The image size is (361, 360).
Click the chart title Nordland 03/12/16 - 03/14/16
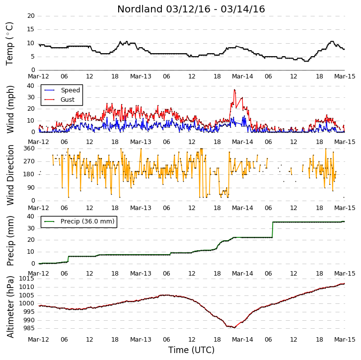tap(191, 9)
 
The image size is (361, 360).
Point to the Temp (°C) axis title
tap(9, 44)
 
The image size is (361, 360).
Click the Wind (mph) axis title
tap(10, 109)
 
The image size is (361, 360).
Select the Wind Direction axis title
tap(10, 175)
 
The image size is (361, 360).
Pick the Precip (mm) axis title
tap(10, 241)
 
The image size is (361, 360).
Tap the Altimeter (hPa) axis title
tap(10, 307)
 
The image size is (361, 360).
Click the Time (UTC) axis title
tap(191, 350)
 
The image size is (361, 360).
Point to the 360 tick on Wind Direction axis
tap(29, 148)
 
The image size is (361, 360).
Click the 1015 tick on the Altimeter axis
tap(26, 279)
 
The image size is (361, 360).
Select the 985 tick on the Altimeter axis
tap(28, 328)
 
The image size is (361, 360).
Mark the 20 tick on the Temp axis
tap(31, 16)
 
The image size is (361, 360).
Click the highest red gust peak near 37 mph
tap(234, 90)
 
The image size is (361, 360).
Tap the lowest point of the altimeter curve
tap(234, 328)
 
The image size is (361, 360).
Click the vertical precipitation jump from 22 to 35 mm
tap(273, 230)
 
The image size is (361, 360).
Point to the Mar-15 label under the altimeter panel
tap(345, 340)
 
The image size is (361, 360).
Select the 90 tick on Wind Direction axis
tap(31, 188)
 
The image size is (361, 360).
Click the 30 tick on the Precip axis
tap(31, 228)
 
